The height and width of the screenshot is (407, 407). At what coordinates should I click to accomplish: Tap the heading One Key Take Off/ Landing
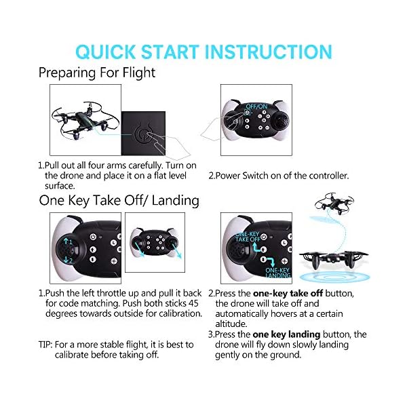tap(118, 200)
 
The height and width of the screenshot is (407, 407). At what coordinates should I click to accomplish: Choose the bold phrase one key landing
tap(280, 334)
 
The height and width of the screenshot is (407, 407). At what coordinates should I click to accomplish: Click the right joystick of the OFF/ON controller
tap(279, 125)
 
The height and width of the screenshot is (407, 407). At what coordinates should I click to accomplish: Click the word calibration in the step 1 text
tap(173, 313)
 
